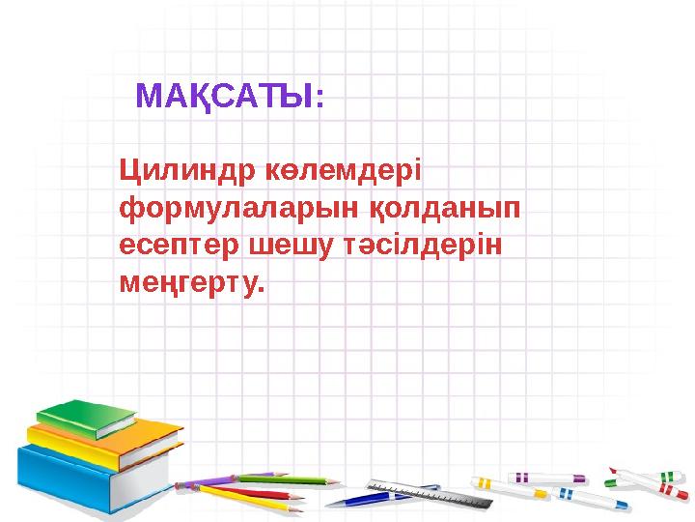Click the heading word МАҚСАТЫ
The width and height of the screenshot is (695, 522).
[x=229, y=97]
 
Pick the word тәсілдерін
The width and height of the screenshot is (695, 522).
[x=419, y=246]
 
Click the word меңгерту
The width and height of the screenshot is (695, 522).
[x=190, y=283]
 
